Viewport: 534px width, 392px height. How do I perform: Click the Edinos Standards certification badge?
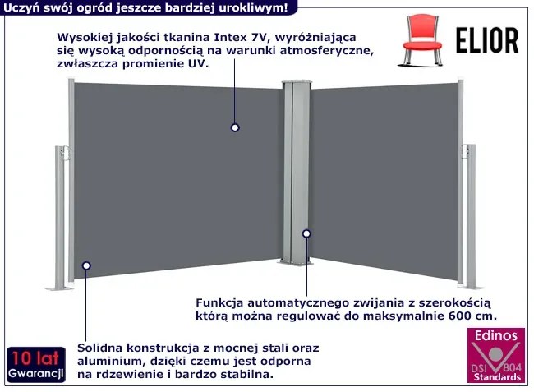click(495, 356)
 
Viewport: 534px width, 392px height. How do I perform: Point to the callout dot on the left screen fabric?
click(234, 127)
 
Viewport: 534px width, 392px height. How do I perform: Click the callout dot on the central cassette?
click(306, 233)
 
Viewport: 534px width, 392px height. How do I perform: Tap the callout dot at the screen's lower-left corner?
click(85, 265)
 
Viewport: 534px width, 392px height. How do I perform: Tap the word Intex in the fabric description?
click(233, 36)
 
